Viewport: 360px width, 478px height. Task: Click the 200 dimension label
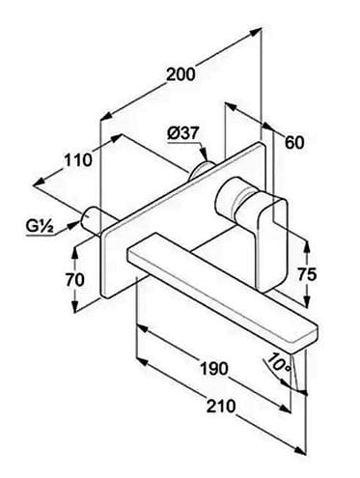point(180,74)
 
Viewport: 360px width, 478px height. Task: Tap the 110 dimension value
point(78,160)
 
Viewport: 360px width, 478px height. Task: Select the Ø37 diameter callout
point(183,133)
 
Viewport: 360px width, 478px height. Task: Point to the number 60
point(294,143)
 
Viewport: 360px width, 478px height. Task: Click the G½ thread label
point(40,227)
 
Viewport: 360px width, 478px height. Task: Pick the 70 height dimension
point(74,279)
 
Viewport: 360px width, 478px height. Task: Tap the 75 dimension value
point(307,274)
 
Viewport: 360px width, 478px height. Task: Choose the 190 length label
point(214,368)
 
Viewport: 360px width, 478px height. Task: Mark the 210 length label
point(221,407)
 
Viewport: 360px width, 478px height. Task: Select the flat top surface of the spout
point(222,288)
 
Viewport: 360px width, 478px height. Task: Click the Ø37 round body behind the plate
point(200,170)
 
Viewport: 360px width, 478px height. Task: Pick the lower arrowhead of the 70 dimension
point(75,306)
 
